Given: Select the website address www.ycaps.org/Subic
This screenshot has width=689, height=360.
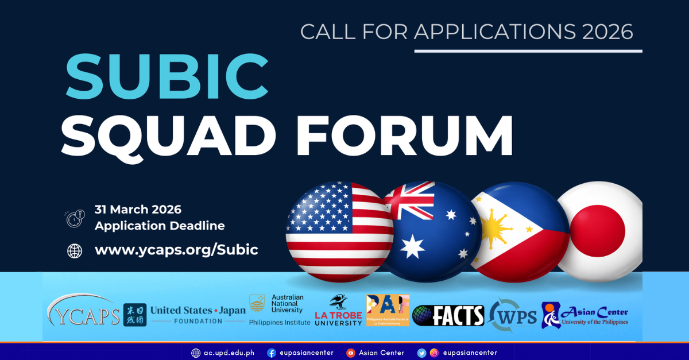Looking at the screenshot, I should [x=176, y=250].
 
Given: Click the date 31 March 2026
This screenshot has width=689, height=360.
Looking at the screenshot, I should [x=138, y=210].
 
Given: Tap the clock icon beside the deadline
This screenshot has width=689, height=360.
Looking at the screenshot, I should [x=75, y=218].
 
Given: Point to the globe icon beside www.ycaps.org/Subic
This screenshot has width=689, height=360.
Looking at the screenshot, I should [x=75, y=251].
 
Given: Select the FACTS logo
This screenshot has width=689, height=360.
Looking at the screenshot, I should [x=448, y=315].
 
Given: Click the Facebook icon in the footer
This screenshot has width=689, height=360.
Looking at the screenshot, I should [x=272, y=353].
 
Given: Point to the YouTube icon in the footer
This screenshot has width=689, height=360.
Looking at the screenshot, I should [x=351, y=353].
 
